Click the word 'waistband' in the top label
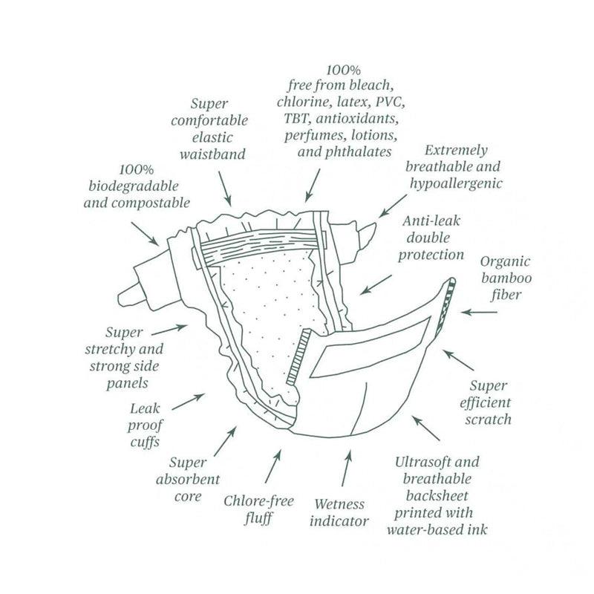pyautogui.click(x=212, y=154)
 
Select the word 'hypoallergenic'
pyautogui.click(x=456, y=183)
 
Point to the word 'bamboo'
pyautogui.click(x=506, y=278)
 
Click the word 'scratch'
pyautogui.click(x=489, y=420)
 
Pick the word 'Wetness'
pyautogui.click(x=339, y=504)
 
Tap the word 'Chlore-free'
pyautogui.click(x=258, y=501)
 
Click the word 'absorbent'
pyautogui.click(x=188, y=480)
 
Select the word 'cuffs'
pyautogui.click(x=145, y=442)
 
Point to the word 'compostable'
pyautogui.click(x=150, y=203)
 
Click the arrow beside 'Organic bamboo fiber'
pyautogui.click(x=479, y=313)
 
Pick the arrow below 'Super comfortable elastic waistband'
pyautogui.click(x=225, y=189)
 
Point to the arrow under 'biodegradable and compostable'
pyautogui.click(x=145, y=234)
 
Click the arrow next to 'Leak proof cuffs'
pyautogui.click(x=189, y=402)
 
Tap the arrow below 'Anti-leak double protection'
pyautogui.click(x=376, y=285)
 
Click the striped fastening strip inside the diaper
pyautogui.click(x=298, y=357)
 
